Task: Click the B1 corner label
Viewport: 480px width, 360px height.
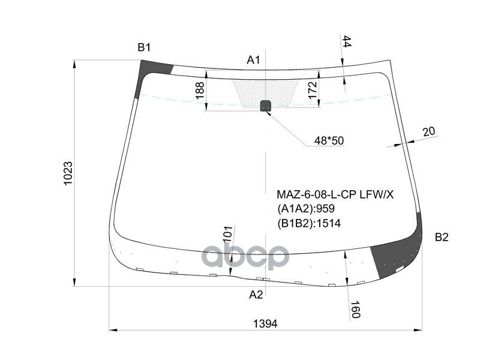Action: (x=144, y=47)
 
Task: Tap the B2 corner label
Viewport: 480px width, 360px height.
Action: (x=441, y=237)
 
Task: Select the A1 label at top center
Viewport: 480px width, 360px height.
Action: (x=253, y=59)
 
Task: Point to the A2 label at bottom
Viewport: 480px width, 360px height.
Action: (x=256, y=294)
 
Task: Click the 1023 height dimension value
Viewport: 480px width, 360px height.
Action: (x=68, y=173)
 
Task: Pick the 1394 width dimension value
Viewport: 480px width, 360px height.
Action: (x=265, y=323)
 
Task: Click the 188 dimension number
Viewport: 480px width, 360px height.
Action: (x=200, y=91)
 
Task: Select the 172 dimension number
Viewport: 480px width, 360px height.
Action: (x=312, y=89)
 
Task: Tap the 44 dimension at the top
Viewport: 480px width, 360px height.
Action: (x=347, y=41)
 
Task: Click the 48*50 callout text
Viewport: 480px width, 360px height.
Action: (x=329, y=140)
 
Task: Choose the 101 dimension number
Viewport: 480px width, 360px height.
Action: (x=227, y=235)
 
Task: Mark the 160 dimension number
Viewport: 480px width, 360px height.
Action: (x=355, y=309)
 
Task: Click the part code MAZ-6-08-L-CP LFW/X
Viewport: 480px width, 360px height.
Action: (x=335, y=194)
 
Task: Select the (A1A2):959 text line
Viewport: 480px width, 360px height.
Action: (x=305, y=209)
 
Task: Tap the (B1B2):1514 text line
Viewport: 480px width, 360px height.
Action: (x=308, y=223)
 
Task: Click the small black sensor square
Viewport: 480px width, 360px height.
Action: (x=265, y=106)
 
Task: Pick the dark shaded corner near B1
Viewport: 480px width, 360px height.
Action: (x=147, y=75)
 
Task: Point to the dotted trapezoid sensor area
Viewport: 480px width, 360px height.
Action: (x=264, y=90)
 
